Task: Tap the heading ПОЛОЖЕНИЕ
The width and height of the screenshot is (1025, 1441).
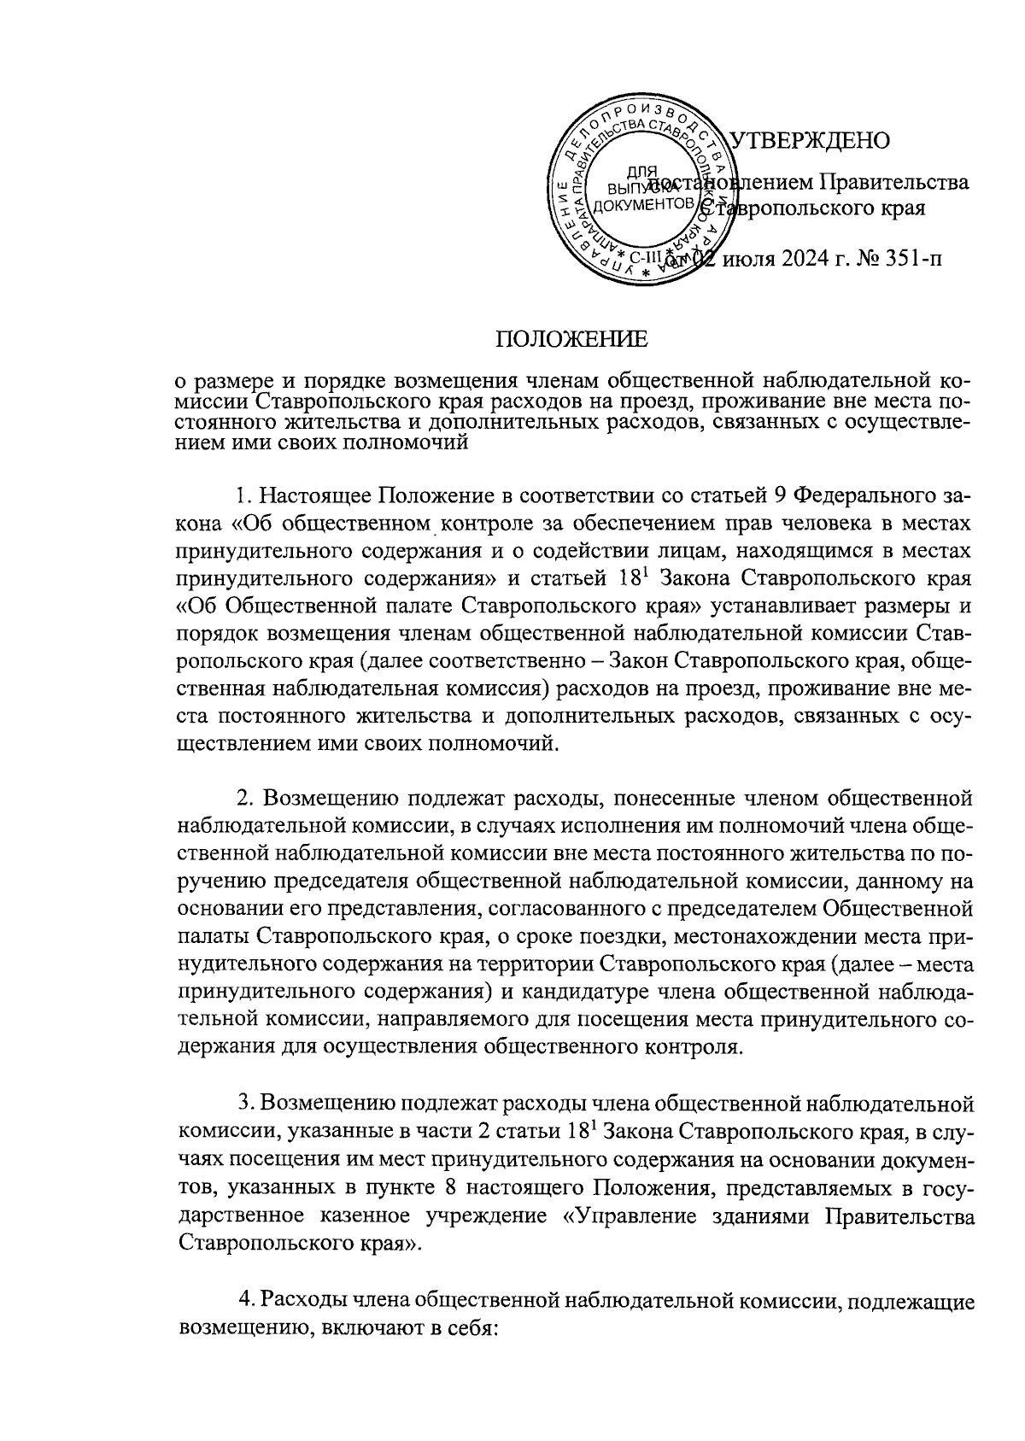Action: click(573, 340)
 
